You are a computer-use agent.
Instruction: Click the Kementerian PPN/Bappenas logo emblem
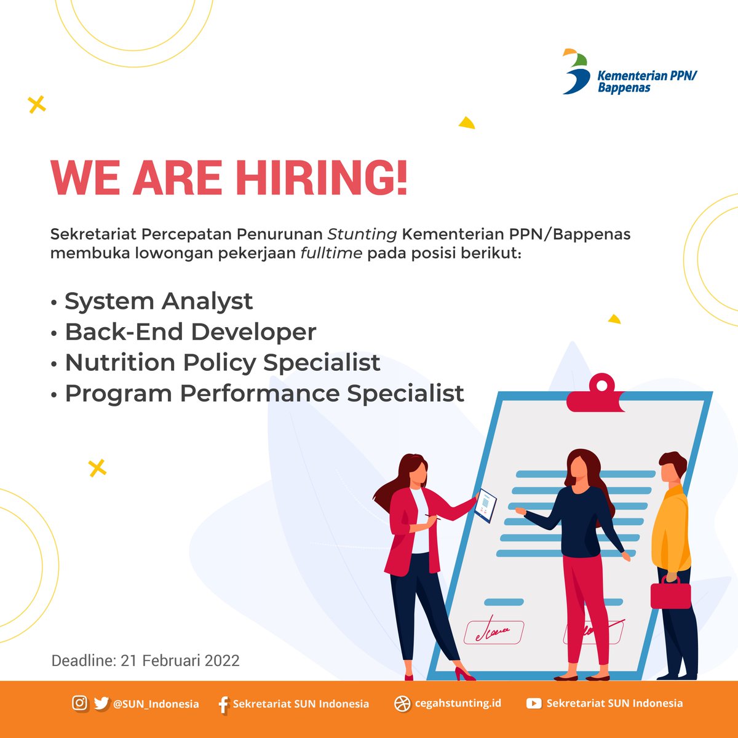tap(576, 72)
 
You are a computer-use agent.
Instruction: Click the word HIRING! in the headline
tap(321, 178)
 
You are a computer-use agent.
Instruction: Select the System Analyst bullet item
tap(158, 301)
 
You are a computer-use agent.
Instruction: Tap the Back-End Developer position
tap(190, 332)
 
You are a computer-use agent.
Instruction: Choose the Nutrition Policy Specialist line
tap(222, 363)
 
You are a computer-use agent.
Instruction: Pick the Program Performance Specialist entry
tap(264, 394)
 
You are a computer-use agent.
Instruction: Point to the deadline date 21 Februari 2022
tap(180, 661)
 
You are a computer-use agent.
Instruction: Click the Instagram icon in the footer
tap(79, 703)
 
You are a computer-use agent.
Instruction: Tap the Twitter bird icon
tap(101, 703)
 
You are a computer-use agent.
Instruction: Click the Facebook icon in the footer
tap(223, 704)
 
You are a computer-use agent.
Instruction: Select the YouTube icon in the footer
tap(533, 704)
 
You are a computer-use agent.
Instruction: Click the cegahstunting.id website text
tap(458, 703)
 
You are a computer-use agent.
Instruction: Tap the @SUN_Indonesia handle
tap(156, 704)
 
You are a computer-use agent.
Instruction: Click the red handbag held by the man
tap(670, 593)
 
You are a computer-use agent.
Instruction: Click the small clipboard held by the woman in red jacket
tap(486, 505)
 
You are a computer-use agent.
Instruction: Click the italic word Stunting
tap(362, 234)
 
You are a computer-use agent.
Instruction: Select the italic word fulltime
tap(331, 253)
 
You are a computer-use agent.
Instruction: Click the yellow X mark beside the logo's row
tap(37, 105)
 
